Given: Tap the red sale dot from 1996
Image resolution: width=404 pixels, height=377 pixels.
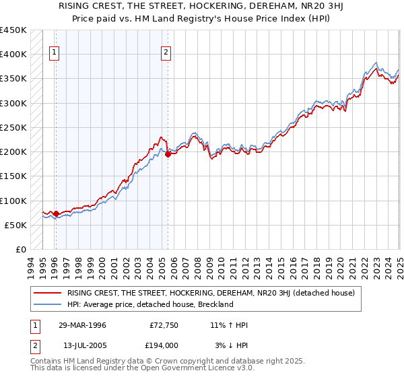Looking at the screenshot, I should click(x=56, y=214).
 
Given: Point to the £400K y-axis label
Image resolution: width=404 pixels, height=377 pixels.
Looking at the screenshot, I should click(x=14, y=55).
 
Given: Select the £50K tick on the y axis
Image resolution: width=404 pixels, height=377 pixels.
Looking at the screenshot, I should click(x=17, y=225).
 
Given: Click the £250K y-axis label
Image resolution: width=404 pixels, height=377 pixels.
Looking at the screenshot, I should click(x=14, y=127).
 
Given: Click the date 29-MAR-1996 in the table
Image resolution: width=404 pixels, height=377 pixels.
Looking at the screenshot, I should click(x=82, y=325).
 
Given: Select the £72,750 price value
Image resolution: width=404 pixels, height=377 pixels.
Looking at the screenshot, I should click(x=162, y=325).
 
